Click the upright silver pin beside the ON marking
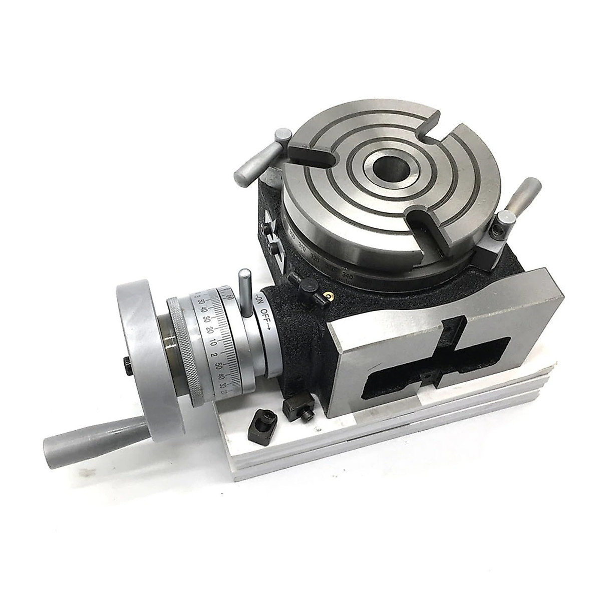[x=245, y=292]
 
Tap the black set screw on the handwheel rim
[x=127, y=366]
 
